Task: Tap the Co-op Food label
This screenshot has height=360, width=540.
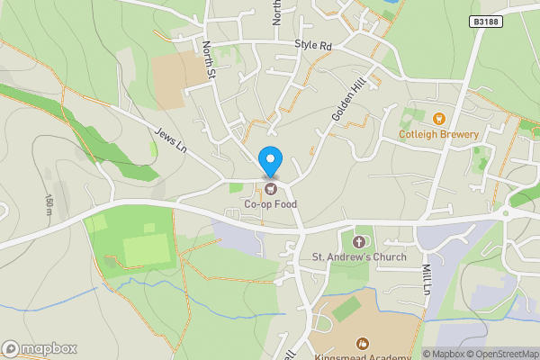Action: click(270, 204)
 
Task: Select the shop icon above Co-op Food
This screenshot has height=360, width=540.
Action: click(270, 188)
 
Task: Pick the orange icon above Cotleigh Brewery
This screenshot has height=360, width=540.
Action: click(439, 119)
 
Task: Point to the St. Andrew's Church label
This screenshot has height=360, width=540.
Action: click(360, 257)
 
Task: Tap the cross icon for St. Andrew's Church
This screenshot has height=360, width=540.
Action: click(360, 241)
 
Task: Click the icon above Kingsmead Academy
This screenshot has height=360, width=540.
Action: click(364, 343)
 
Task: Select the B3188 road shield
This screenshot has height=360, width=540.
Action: click(485, 22)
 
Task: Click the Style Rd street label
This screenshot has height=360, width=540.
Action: click(313, 46)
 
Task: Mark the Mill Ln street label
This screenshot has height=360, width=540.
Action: click(427, 270)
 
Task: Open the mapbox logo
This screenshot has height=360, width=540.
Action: click(39, 348)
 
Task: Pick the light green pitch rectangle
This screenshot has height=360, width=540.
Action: click(145, 250)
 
